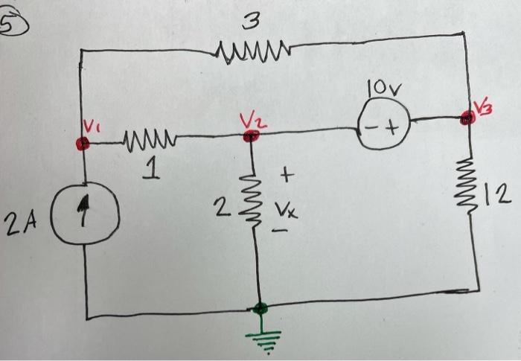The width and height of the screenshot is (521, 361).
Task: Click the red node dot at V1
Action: pos(83,143)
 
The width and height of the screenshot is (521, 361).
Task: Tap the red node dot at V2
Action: pos(251,135)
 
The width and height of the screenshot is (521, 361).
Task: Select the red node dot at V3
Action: pos(467,118)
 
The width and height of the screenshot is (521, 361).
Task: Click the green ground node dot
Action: pos(260,308)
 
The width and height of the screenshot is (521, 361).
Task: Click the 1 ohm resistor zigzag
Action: pos(149,139)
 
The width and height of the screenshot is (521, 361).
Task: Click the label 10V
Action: pos(384,89)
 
